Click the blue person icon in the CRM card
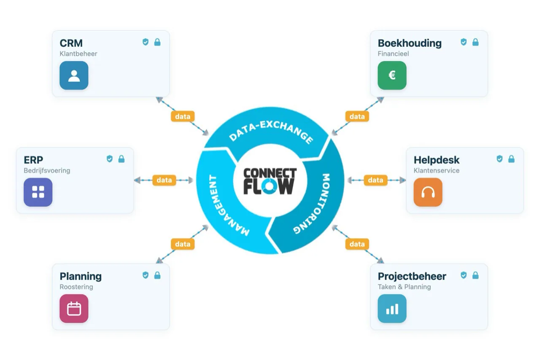point(74,75)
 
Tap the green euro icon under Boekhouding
point(392,75)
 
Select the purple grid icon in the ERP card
point(38,192)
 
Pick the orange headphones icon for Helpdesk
point(428,192)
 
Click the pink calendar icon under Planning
point(74,309)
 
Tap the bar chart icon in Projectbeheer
point(392,309)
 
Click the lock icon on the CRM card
point(157,42)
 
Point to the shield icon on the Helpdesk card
point(499,159)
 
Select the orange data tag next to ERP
point(164,180)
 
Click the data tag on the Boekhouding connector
point(357,116)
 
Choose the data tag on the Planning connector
point(183,244)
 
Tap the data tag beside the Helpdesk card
point(375,180)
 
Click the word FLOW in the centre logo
point(269,186)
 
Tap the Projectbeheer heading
point(412,277)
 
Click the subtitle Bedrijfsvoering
point(47,171)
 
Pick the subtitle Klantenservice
point(437,171)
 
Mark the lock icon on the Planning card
point(157,275)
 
